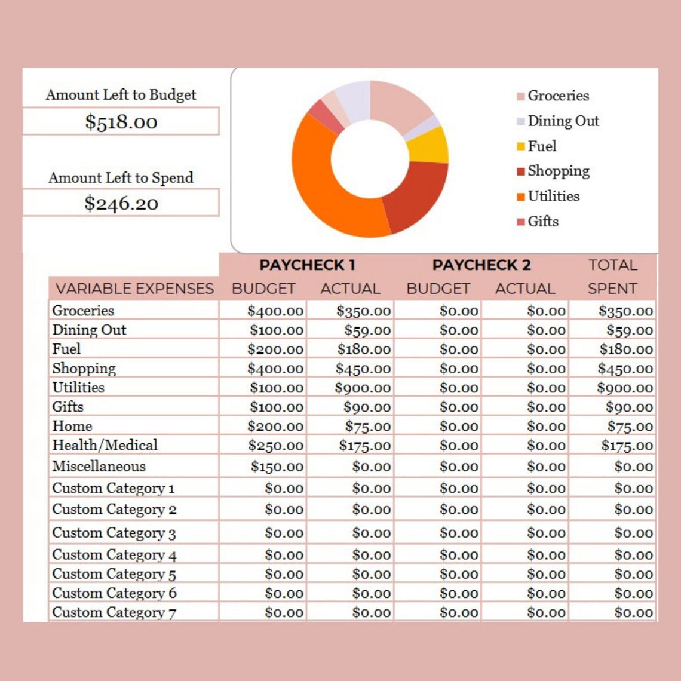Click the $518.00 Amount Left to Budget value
[x=121, y=122]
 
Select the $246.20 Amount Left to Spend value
[x=121, y=203]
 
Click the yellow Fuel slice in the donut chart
[x=429, y=145]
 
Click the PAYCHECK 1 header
[x=307, y=265]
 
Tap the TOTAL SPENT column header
[x=612, y=277]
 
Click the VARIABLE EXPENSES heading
[x=134, y=289]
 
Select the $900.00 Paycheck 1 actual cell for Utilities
[x=363, y=388]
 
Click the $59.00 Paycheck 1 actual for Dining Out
[x=367, y=330]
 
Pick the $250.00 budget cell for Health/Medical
[x=275, y=446]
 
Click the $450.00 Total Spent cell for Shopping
[x=625, y=369]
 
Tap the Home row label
[x=72, y=426]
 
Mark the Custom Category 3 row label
[x=113, y=533]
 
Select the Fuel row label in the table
[x=66, y=349]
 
